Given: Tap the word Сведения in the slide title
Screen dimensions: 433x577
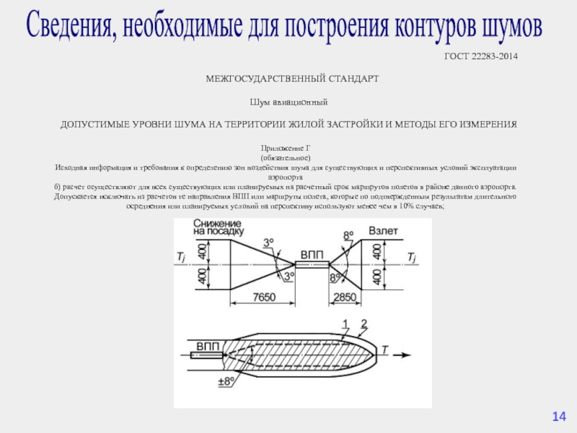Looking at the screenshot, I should point(71,26).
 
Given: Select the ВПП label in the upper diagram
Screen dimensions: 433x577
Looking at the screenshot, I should point(312,258).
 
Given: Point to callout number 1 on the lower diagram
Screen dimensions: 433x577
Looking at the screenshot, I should point(345,323).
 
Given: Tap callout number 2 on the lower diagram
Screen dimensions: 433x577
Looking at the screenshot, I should point(364,323).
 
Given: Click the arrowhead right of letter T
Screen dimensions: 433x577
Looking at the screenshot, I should point(408,354).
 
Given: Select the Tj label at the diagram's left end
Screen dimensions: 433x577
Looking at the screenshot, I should point(180,257).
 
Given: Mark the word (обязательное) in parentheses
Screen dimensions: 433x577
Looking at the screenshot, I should point(286,157).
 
